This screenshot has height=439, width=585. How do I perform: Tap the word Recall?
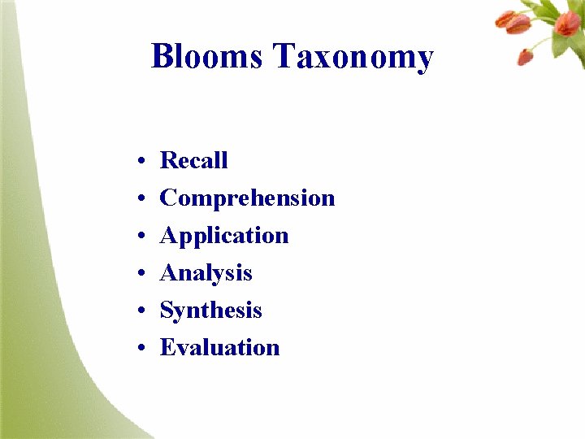(193, 160)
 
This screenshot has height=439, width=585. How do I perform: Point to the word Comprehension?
(247, 198)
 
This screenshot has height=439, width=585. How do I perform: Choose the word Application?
(224, 236)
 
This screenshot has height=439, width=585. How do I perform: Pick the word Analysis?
(206, 273)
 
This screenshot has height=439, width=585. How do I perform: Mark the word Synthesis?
(210, 311)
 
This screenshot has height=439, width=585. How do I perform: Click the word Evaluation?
(219, 348)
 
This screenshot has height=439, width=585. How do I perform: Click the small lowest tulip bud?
(526, 57)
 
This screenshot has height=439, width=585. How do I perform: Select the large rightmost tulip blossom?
(567, 23)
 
